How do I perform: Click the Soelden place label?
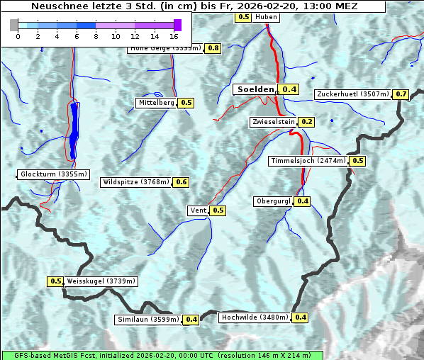(x=255, y=89)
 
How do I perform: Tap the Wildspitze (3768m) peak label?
(x=136, y=182)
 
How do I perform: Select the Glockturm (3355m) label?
(x=54, y=174)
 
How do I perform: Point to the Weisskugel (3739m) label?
(x=101, y=281)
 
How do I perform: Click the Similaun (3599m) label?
(x=148, y=320)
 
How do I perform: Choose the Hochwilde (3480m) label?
(x=255, y=317)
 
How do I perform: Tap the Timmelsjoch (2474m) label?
(x=308, y=161)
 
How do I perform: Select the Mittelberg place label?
(x=156, y=103)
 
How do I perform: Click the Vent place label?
(x=198, y=210)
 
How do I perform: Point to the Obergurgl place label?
(x=273, y=201)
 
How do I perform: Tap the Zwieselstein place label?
(x=272, y=122)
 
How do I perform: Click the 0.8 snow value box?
(x=213, y=48)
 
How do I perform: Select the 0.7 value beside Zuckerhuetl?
(x=401, y=94)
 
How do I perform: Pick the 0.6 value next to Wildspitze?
(x=182, y=182)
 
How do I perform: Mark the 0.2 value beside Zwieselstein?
(x=306, y=122)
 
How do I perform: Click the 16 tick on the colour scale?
(x=174, y=35)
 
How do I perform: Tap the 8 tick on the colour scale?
(x=96, y=35)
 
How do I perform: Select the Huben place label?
(x=267, y=16)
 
